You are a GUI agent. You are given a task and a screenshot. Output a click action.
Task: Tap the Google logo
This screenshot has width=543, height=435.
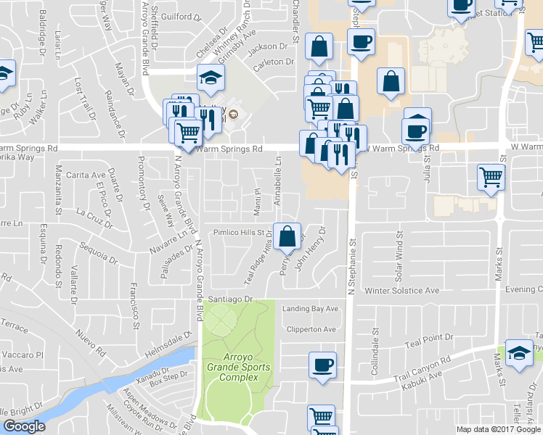pos(24,426)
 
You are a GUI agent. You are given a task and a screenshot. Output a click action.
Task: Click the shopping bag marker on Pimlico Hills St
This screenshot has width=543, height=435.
pos(287,236)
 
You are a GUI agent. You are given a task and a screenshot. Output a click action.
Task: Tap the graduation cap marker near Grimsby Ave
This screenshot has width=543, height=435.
pos(211,79)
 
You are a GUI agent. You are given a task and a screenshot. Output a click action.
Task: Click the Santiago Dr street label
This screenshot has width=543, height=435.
pos(229,299)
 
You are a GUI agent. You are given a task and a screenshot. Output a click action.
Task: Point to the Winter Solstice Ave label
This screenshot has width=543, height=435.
pos(402,291)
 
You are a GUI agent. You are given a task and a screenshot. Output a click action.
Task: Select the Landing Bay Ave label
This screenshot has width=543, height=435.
pos(311,308)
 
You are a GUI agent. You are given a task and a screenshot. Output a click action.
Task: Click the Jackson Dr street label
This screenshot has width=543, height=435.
pos(262,48)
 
